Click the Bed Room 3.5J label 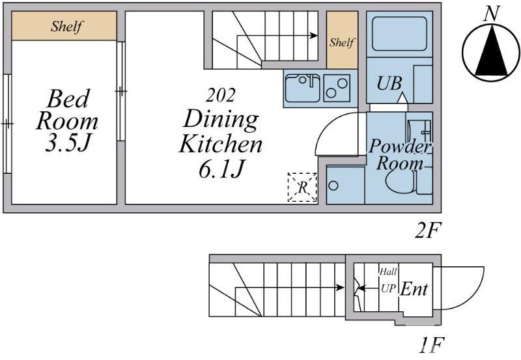(67, 120)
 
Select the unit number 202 (220, 95)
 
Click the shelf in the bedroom (64, 26)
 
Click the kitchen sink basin (302, 88)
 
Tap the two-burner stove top (337, 88)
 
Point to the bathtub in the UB (399, 34)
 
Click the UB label (389, 83)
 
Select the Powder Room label (400, 154)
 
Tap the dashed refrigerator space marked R (302, 187)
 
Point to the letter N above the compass (492, 14)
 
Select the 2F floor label (428, 230)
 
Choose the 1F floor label (431, 346)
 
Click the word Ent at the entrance (414, 289)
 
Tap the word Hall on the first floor (388, 272)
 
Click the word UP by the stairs (388, 288)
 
